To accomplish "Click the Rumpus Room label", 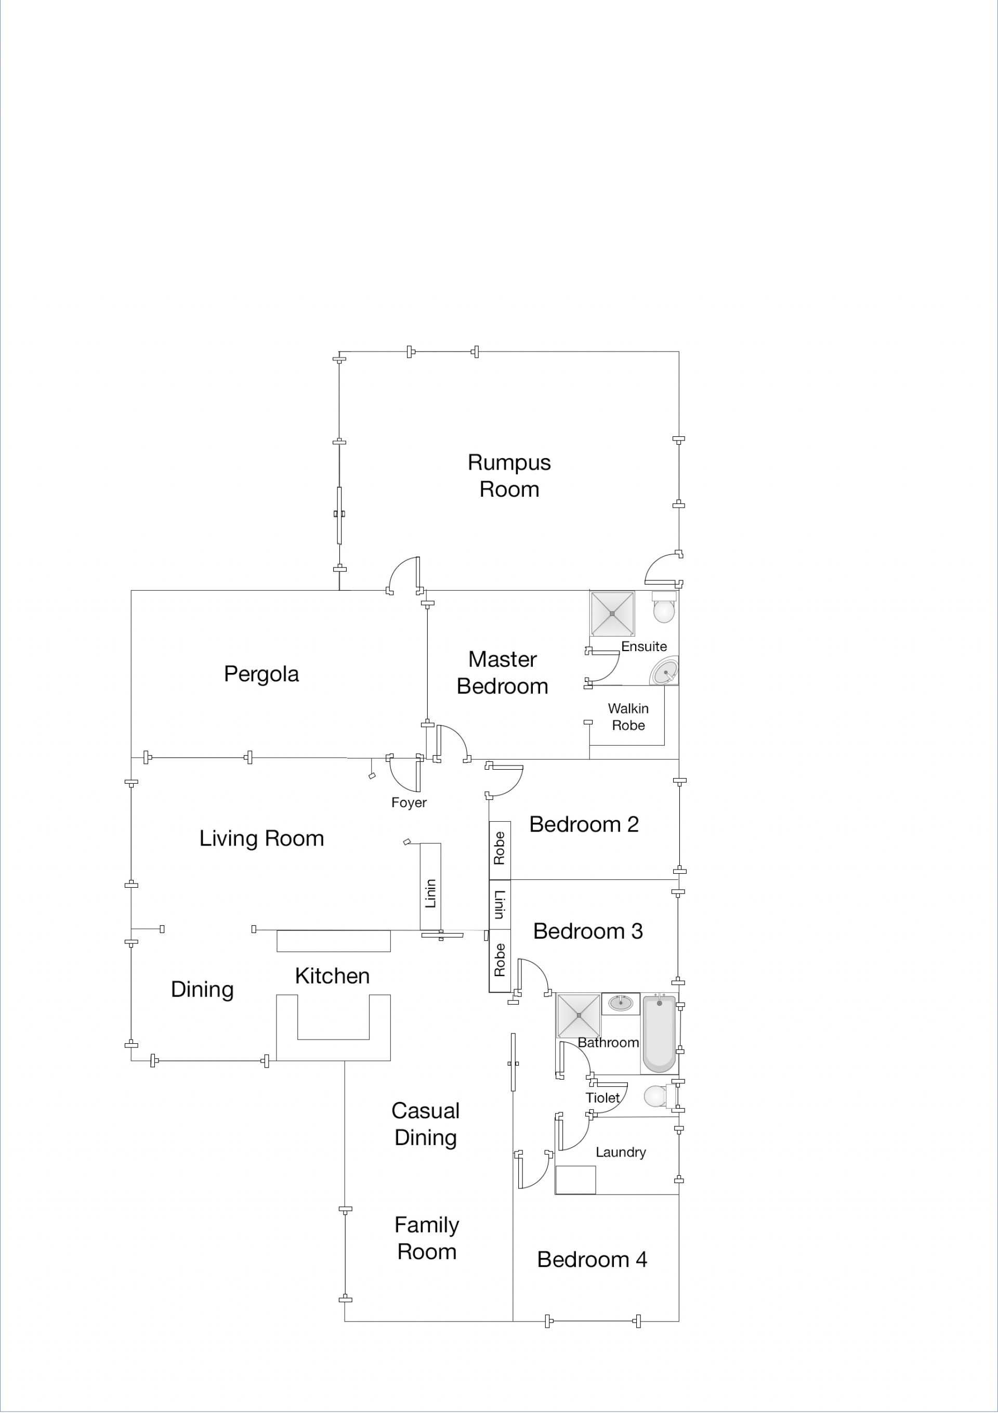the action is [509, 476].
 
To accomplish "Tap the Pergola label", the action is [261, 675].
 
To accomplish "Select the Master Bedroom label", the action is [502, 672].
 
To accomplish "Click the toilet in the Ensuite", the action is [664, 607].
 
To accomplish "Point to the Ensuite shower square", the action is [612, 614].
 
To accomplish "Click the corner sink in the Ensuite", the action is [664, 671].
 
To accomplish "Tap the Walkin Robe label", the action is [628, 717].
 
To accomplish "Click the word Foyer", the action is [409, 802].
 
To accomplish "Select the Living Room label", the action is [261, 838].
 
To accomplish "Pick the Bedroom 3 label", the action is [587, 931].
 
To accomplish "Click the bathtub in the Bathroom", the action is [660, 1034].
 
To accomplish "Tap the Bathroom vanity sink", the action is [621, 1003].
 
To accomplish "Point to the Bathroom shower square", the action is [579, 1015].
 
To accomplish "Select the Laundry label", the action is [621, 1152].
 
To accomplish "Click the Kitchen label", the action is [332, 976].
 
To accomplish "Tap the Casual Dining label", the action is [426, 1124].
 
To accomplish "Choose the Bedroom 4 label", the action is [592, 1260].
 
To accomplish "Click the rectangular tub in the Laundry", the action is [575, 1180].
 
